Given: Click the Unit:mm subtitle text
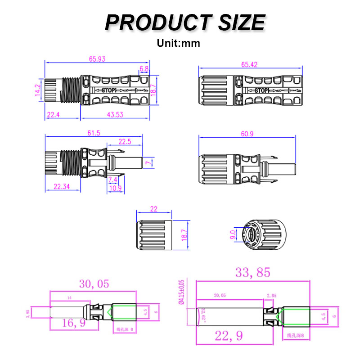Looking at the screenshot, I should [x=178, y=44].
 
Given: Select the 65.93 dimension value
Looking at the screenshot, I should [x=97, y=58].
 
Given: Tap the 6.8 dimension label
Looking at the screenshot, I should [x=144, y=69].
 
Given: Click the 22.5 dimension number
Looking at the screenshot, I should [x=124, y=142].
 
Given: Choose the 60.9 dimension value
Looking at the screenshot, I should [x=248, y=135].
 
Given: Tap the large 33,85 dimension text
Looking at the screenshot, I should [x=253, y=272].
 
